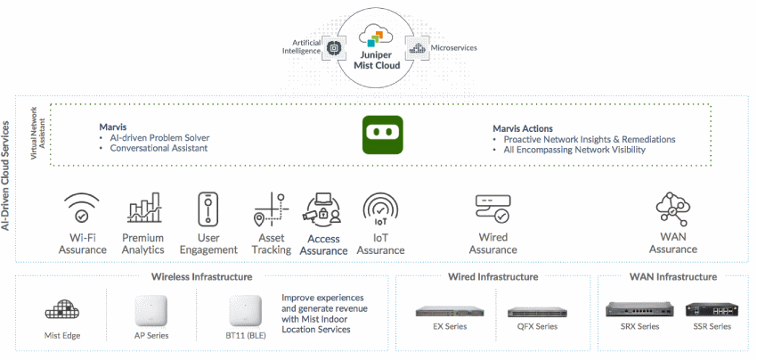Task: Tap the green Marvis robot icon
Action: tap(382, 134)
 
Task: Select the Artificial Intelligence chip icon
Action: tap(336, 48)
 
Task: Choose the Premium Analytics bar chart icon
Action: tap(143, 208)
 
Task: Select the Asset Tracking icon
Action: tap(271, 209)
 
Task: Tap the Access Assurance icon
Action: tap(323, 209)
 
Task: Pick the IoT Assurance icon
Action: tap(380, 209)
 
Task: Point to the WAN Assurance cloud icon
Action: tap(672, 208)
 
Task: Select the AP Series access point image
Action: tap(151, 310)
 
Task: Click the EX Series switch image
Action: tap(444, 312)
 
